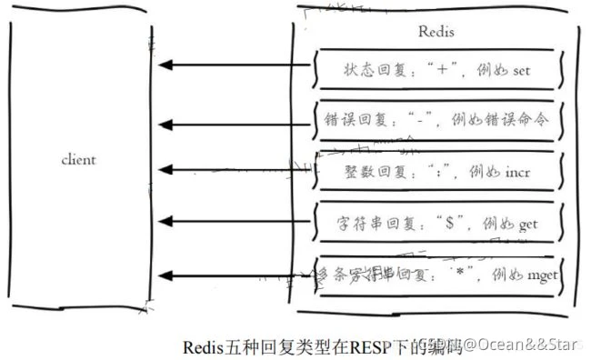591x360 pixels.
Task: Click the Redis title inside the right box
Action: (x=436, y=32)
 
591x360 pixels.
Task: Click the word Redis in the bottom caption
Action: (x=203, y=345)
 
